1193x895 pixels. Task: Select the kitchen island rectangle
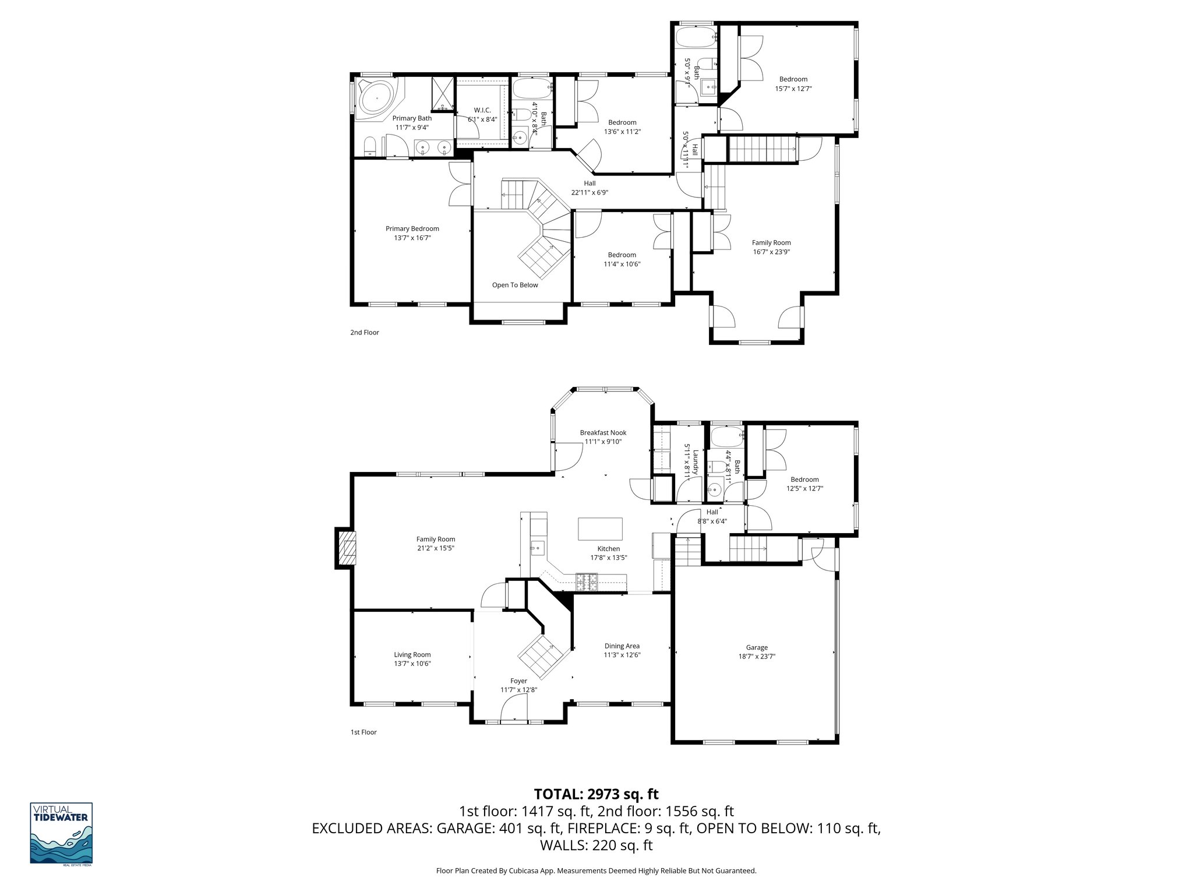pos(600,529)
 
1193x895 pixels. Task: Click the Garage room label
pos(757,647)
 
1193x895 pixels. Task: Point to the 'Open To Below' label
pos(515,285)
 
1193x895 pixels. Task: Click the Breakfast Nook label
pos(603,432)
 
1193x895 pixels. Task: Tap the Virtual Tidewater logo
pos(61,834)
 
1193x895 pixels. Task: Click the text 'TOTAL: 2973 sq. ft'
pos(596,794)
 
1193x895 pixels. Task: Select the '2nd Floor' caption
pos(364,332)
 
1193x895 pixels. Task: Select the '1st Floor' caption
pos(363,732)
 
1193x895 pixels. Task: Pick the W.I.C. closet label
pos(482,110)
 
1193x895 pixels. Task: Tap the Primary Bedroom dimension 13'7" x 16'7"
pos(412,238)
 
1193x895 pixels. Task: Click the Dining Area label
pos(622,646)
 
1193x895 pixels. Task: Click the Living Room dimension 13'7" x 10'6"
pos(412,664)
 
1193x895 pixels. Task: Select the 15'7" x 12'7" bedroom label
pos(793,89)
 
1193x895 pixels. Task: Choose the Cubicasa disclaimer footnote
pos(596,871)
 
